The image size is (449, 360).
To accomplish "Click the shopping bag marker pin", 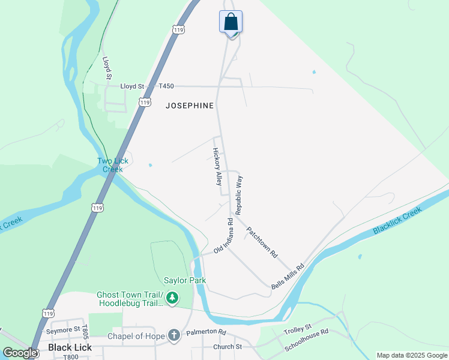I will click(x=231, y=22).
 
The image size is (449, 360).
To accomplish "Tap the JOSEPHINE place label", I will click(x=190, y=106).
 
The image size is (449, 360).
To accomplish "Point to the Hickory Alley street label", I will click(x=217, y=167).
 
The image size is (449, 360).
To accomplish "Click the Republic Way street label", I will click(x=239, y=196).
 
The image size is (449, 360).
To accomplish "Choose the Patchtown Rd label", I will click(x=262, y=242).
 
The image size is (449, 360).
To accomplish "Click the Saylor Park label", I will click(x=185, y=280).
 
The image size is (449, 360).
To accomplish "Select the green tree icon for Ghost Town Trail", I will click(x=172, y=298).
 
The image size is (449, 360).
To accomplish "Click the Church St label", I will click(x=227, y=347).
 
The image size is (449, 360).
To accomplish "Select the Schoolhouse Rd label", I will click(x=307, y=340).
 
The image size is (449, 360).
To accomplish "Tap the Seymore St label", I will click(x=64, y=329).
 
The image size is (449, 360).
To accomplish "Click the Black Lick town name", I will click(x=69, y=348).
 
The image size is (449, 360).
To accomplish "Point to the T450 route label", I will click(x=166, y=86).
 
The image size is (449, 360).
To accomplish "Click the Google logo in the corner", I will click(x=20, y=353).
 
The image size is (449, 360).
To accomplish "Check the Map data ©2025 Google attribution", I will click(x=412, y=355).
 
